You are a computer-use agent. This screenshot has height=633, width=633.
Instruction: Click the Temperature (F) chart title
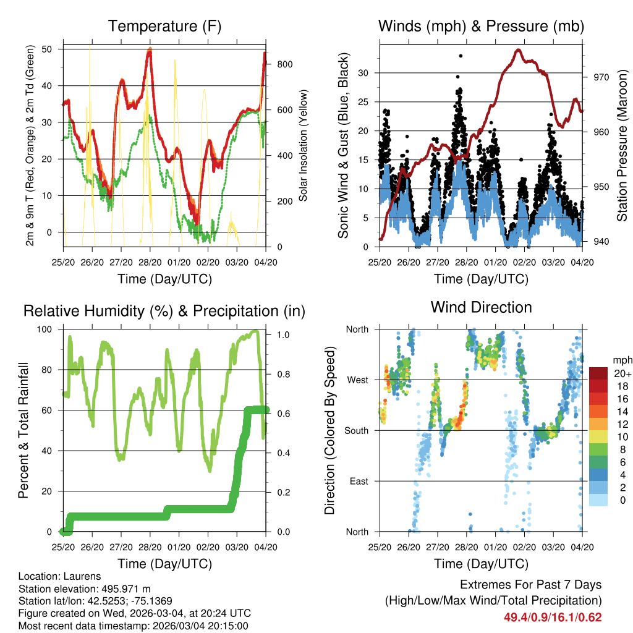pos(164,26)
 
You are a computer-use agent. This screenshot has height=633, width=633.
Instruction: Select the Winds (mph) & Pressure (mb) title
pos(481,26)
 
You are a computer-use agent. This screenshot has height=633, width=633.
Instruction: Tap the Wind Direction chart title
pos(481,307)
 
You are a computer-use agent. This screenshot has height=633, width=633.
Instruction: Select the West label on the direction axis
pos(357,380)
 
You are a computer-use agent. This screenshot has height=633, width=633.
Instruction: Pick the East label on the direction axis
pos(359,481)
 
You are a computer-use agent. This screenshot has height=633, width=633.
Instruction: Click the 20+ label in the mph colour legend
pos(621,373)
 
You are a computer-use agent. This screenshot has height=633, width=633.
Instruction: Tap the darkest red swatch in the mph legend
pos(598,373)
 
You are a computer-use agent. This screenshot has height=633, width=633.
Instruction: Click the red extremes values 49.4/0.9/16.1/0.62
pos(553,617)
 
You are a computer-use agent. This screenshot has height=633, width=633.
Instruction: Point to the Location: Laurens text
pos(60,576)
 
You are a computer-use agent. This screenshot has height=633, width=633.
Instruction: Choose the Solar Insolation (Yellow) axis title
pos(303,146)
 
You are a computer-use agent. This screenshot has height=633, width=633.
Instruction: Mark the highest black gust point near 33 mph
pos(461,56)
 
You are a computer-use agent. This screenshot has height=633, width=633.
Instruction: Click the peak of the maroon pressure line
pos(518,50)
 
